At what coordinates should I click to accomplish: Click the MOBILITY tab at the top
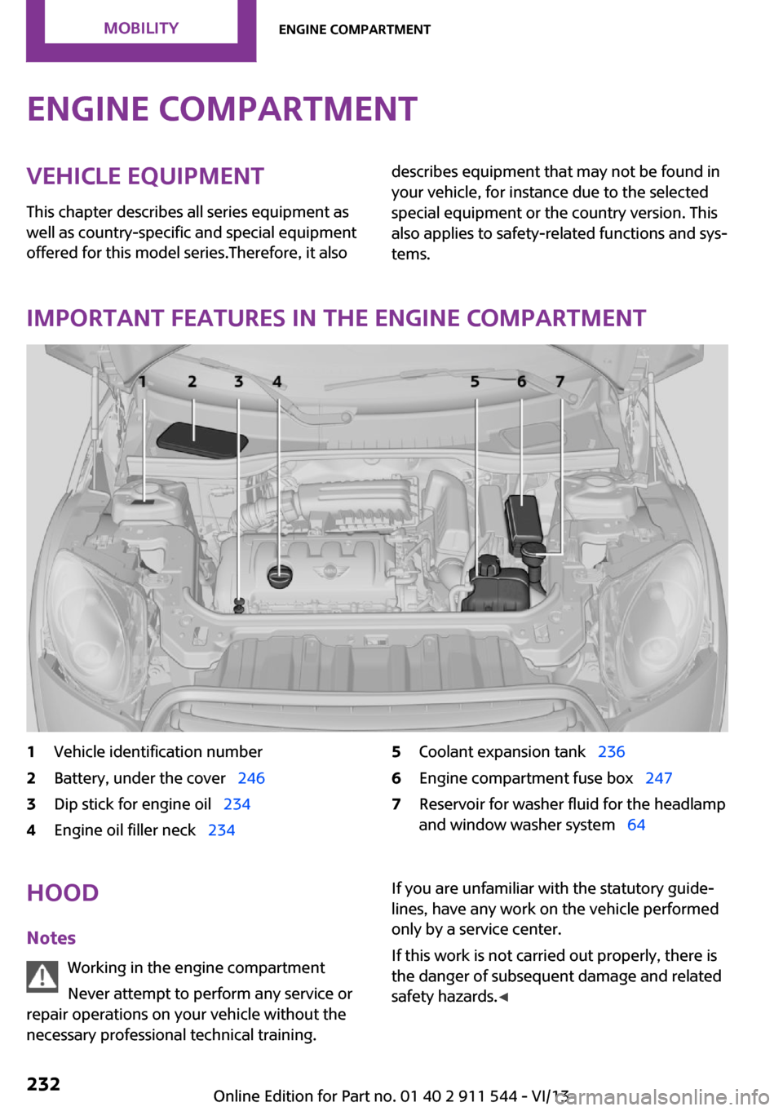coord(141,29)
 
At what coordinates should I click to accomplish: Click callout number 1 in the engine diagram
coord(142,381)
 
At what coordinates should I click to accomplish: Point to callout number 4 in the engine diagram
coord(277,381)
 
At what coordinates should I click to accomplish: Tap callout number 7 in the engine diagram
coord(560,381)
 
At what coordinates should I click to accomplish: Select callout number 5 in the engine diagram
coord(475,381)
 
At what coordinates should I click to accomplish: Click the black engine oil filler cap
coord(280,576)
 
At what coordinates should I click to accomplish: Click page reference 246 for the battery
coord(251,778)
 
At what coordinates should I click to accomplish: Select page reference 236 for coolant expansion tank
coord(611,752)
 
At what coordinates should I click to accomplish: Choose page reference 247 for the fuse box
coord(658,778)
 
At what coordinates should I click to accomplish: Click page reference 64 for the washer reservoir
coord(636,825)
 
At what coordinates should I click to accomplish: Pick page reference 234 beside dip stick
coord(237,804)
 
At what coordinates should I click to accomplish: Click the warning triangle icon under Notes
coord(42,976)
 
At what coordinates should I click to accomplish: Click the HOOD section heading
coord(63,892)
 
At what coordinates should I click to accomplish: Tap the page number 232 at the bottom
coord(43,1083)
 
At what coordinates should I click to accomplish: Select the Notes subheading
coord(51,938)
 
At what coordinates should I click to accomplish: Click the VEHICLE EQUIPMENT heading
coord(145,176)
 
